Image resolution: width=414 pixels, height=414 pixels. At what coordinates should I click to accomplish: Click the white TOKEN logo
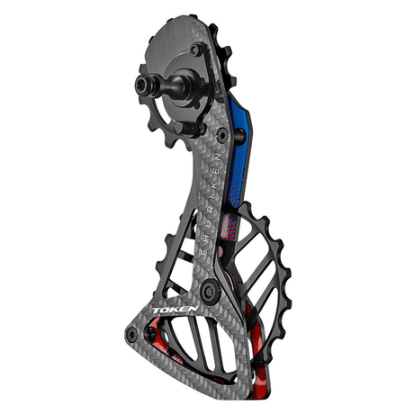pyautogui.click(x=175, y=310)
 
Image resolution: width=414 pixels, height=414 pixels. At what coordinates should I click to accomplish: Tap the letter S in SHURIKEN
pyautogui.click(x=204, y=251)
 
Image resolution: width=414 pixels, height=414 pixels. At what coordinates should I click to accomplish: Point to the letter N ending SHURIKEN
pyautogui.click(x=218, y=157)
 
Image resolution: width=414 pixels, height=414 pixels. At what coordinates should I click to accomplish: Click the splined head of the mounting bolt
pyautogui.click(x=143, y=83)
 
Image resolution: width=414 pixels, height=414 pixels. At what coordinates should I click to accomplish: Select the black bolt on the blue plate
pyautogui.click(x=240, y=135)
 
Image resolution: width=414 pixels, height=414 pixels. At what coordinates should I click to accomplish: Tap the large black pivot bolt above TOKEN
pyautogui.click(x=210, y=291)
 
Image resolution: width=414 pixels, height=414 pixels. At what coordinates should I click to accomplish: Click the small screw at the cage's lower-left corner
pyautogui.click(x=132, y=334)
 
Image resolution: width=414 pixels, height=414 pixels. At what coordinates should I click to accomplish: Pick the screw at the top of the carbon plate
pyautogui.click(x=195, y=49)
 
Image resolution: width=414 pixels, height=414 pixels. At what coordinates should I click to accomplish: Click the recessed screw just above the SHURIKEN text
pyautogui.click(x=222, y=135)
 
